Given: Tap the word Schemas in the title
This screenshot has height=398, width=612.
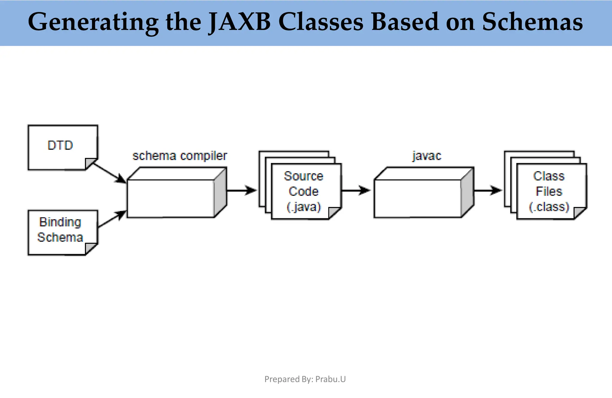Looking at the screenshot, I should pyautogui.click(x=532, y=22).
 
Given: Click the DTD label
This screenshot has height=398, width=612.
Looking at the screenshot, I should pyautogui.click(x=60, y=146).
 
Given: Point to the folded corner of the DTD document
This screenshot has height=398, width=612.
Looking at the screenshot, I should pyautogui.click(x=90, y=164).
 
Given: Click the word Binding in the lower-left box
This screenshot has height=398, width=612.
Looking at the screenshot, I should pyautogui.click(x=60, y=222).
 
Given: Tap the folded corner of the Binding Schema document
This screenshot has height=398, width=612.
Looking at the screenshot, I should pyautogui.click(x=90, y=249).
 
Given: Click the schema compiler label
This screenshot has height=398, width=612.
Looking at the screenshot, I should pyautogui.click(x=180, y=156).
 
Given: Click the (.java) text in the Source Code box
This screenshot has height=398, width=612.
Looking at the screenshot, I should pyautogui.click(x=304, y=207).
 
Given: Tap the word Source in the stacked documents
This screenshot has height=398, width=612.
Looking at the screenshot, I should pyautogui.click(x=304, y=176).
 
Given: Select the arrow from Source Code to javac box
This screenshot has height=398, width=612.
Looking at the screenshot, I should pyautogui.click(x=356, y=190).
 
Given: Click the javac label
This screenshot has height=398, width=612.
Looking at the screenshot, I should pyautogui.click(x=427, y=156).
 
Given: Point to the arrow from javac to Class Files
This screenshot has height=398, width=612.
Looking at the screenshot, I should pyautogui.click(x=488, y=190).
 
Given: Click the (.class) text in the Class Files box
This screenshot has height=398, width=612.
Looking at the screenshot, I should pyautogui.click(x=549, y=207).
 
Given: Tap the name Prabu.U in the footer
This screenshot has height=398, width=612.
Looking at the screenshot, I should pyautogui.click(x=331, y=379).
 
